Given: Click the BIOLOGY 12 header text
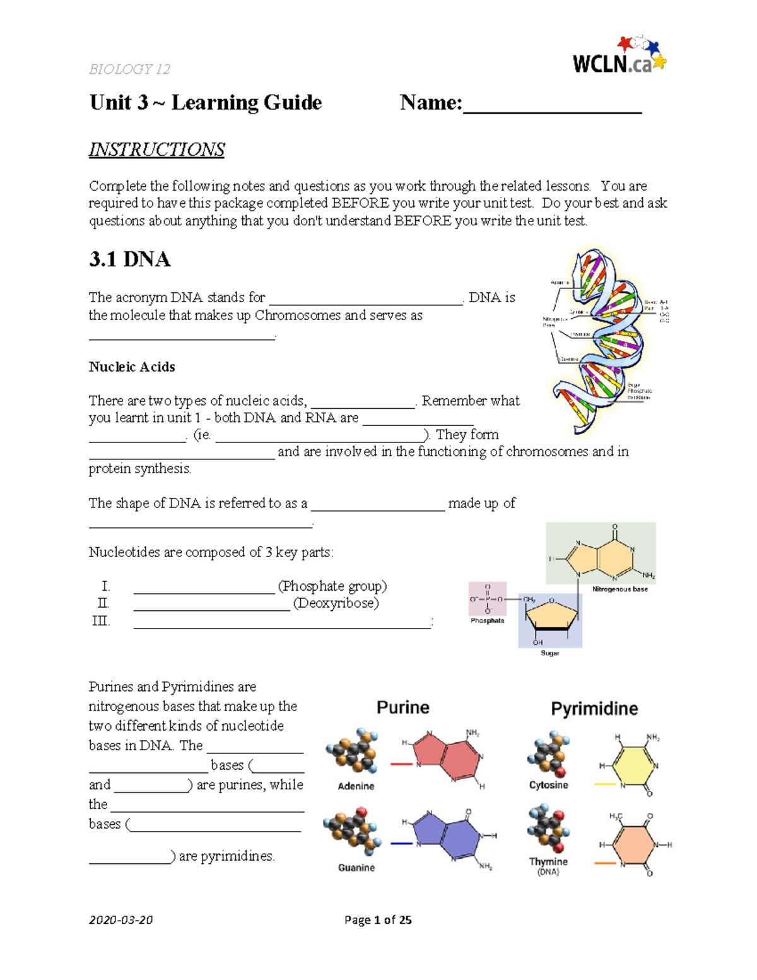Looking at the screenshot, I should click(x=129, y=69).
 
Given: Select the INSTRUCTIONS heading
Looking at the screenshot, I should click(x=156, y=150).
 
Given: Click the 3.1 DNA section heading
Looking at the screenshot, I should click(x=129, y=259).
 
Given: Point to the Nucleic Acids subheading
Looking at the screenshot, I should click(x=132, y=367).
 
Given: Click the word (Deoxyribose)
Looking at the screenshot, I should click(x=336, y=603).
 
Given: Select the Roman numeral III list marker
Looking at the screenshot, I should click(x=101, y=621).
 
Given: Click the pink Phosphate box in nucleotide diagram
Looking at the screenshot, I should click(x=487, y=598).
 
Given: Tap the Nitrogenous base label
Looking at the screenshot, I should click(x=619, y=589).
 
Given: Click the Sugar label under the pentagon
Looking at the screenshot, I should click(x=549, y=653).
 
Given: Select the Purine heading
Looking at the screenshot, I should click(x=402, y=707).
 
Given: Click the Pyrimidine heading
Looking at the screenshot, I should click(x=594, y=709).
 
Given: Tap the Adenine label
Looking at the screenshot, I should click(x=356, y=786).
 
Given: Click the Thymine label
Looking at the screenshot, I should click(x=548, y=861).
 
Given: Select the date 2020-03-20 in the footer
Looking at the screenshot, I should click(x=120, y=919).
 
